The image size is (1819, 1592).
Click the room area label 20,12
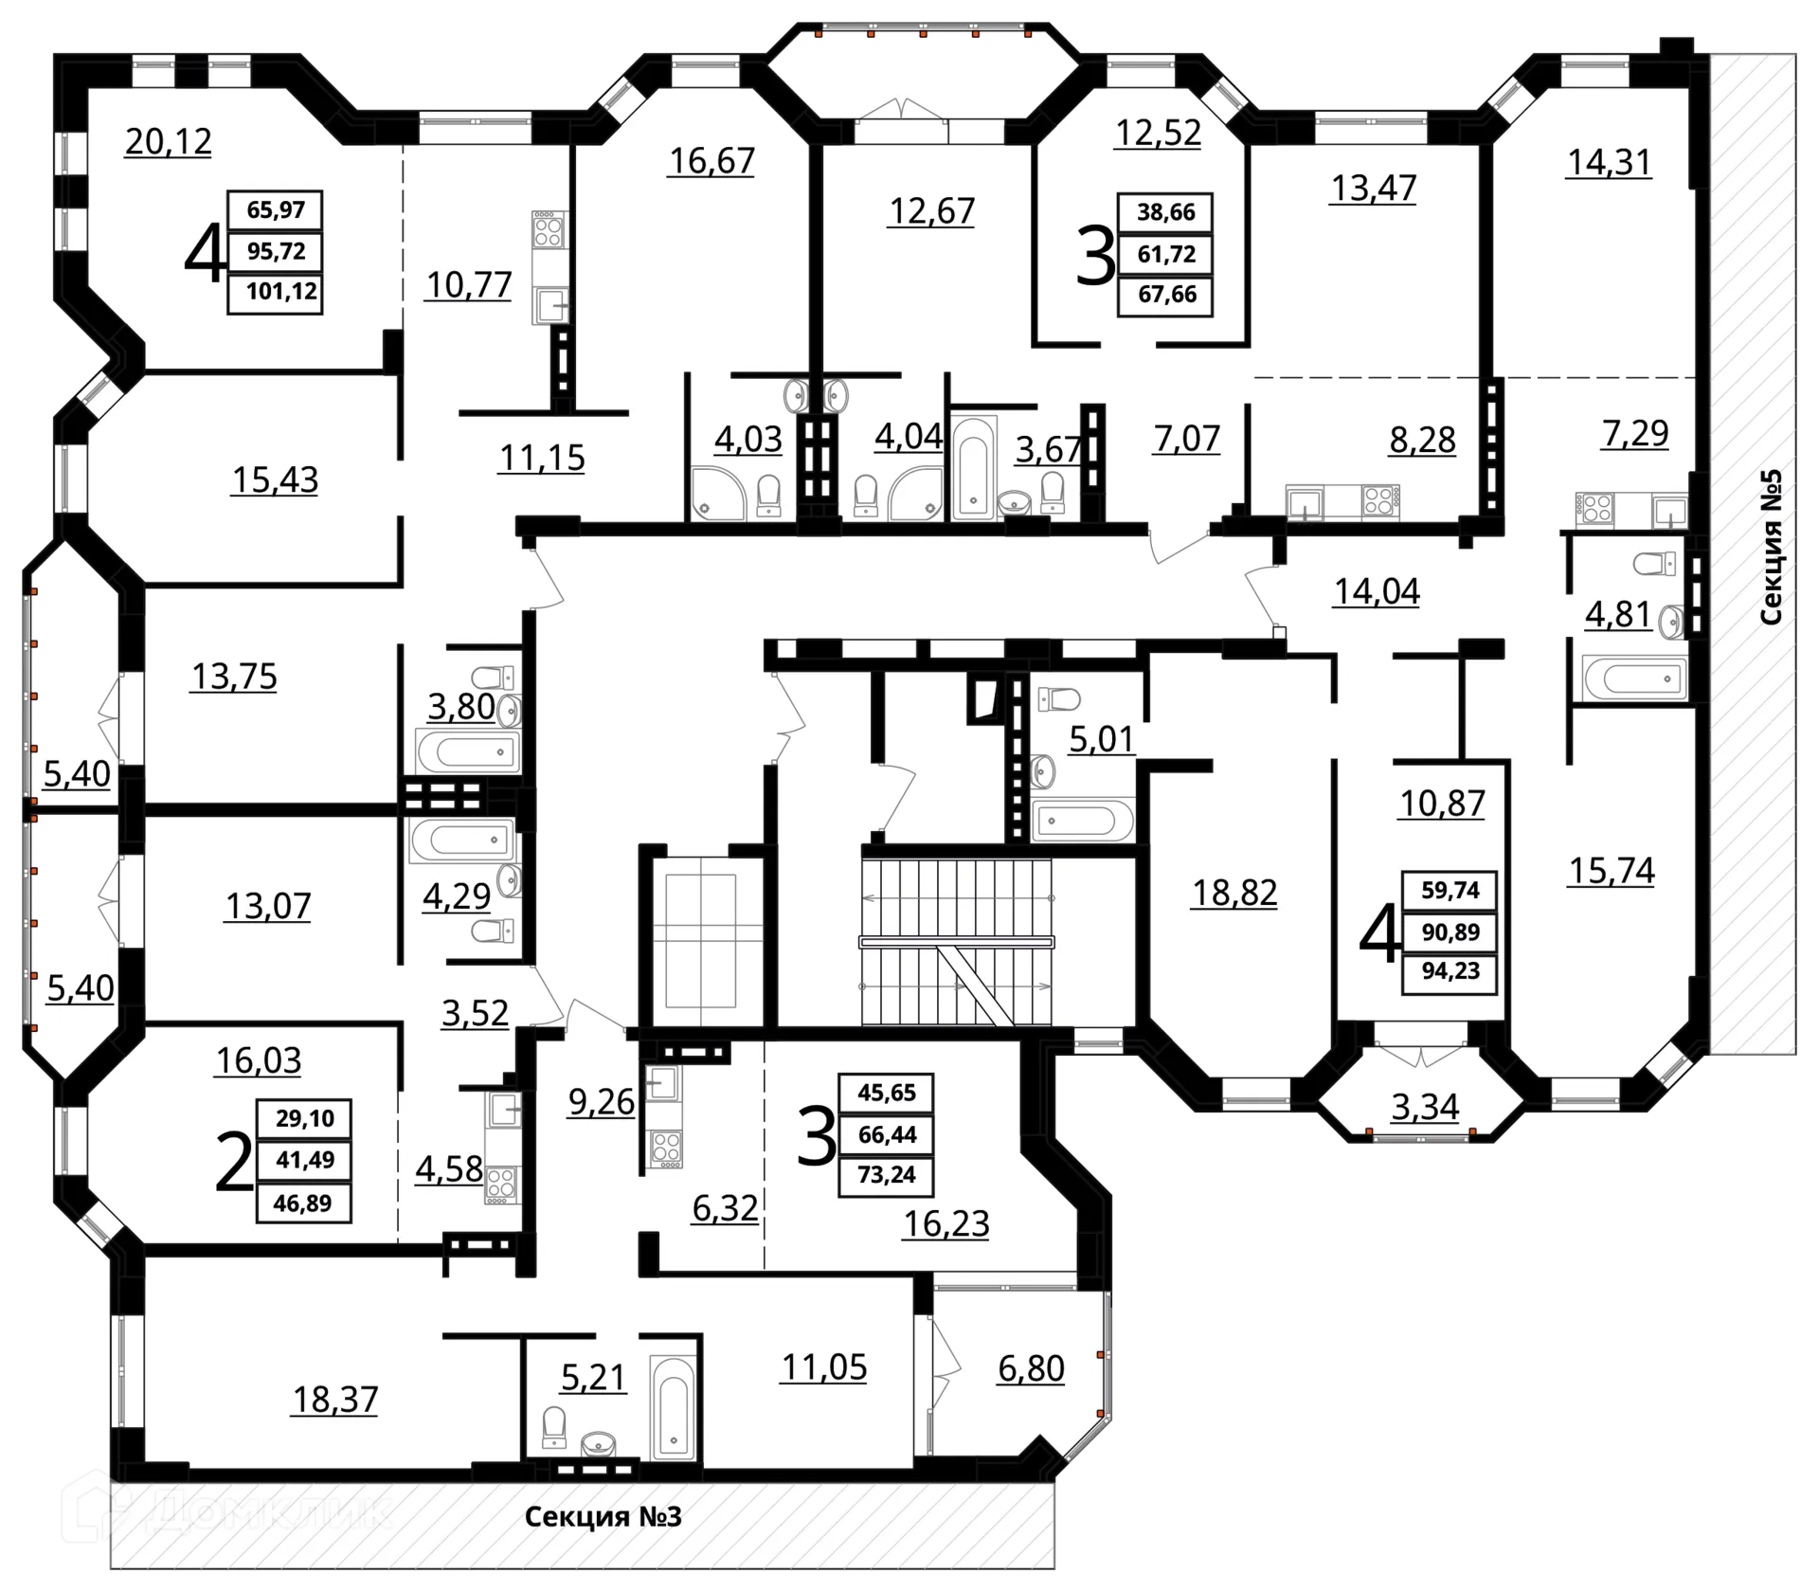[x=169, y=141]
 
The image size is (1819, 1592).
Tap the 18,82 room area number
[x=1234, y=893]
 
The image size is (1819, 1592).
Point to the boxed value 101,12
[x=281, y=291]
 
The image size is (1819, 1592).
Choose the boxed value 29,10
[x=304, y=1118]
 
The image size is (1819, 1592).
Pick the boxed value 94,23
[x=1450, y=972]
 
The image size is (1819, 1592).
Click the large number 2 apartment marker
[x=234, y=1165]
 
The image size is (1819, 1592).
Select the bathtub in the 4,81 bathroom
[x=1632, y=678]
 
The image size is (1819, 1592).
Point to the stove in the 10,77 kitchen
[x=548, y=230]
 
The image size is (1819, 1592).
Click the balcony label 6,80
[x=1031, y=1368]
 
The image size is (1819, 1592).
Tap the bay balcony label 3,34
[x=1425, y=1106]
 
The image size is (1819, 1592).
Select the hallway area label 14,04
[x=1377, y=591]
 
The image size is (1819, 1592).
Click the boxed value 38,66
[x=1166, y=211]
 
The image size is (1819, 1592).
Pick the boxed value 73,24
[x=886, y=1175]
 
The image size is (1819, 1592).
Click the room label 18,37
[x=334, y=1399]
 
